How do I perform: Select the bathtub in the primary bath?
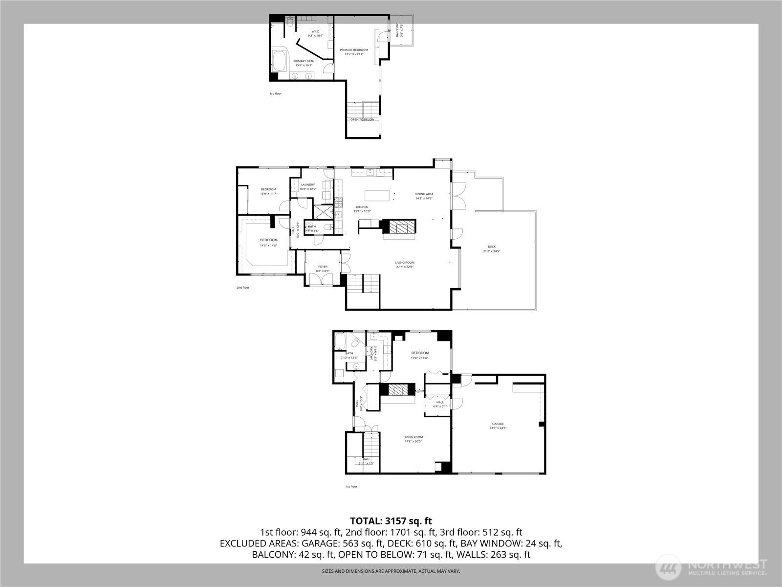point(280,62)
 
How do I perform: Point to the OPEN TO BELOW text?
point(362,119)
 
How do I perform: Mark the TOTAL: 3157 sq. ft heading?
point(391,521)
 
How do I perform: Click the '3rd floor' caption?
point(276,93)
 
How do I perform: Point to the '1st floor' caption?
point(351,486)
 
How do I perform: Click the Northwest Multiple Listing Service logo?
point(712,567)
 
